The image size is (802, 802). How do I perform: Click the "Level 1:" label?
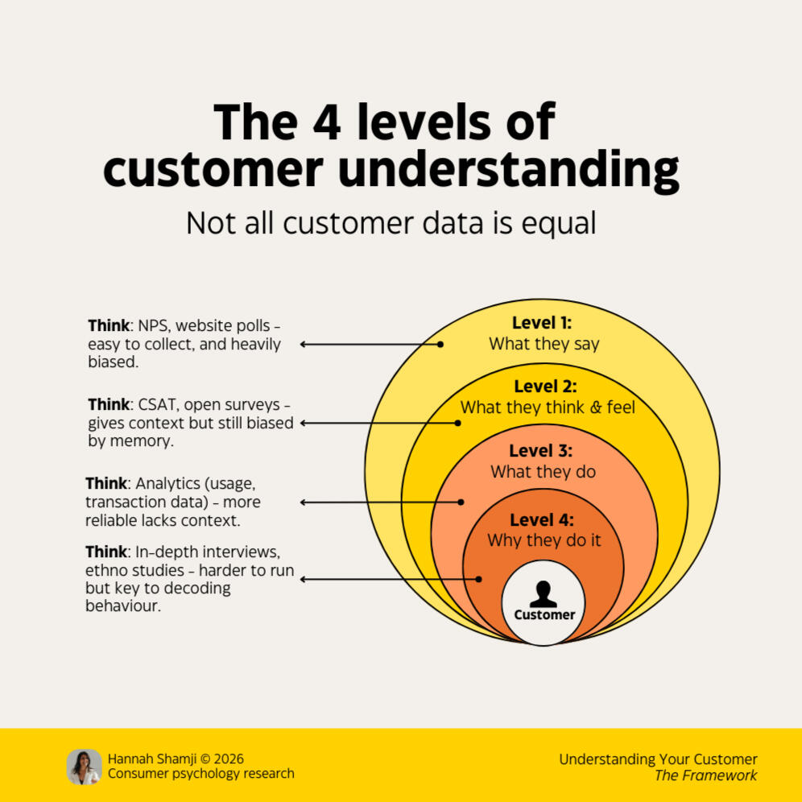542,323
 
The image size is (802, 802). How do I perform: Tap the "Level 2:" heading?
545,387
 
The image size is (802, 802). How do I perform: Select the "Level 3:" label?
542,451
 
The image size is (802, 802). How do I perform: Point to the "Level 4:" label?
542,519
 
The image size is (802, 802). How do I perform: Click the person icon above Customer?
544,594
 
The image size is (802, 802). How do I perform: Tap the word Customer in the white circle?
545,615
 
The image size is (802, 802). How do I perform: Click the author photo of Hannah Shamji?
84,767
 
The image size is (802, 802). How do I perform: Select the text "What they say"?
544,344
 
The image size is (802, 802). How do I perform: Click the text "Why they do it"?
544,540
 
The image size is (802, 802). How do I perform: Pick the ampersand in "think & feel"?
595,407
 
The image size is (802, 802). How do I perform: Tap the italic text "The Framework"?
705,775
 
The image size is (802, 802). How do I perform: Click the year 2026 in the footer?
226,759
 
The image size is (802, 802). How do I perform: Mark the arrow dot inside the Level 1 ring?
440,344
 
